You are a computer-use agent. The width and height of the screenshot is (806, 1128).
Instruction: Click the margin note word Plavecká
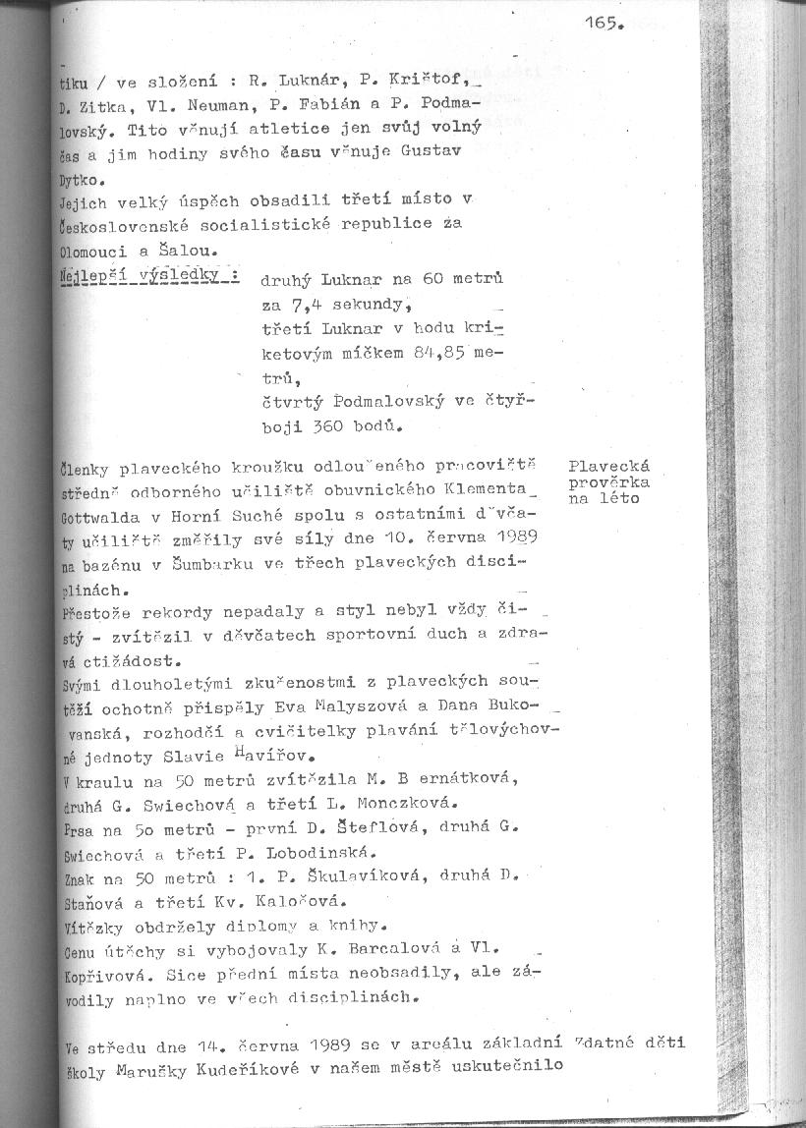609,466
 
